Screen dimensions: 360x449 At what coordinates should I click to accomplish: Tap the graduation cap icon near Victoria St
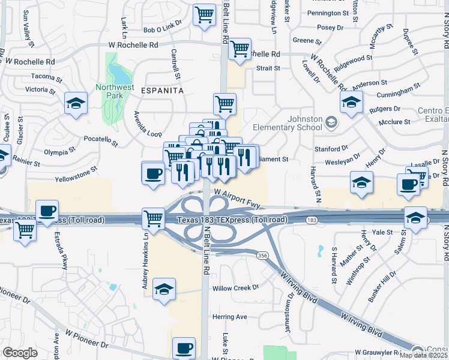click(x=77, y=103)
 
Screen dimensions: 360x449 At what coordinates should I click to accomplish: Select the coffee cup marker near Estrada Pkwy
click(x=47, y=212)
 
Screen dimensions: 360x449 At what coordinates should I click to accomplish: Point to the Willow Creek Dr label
click(x=235, y=287)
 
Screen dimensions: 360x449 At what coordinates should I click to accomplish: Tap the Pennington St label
click(x=328, y=13)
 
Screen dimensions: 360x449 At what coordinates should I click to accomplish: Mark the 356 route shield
click(x=277, y=254)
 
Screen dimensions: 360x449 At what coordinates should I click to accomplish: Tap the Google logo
click(x=20, y=353)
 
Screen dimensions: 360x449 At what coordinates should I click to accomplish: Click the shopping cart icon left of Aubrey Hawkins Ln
click(x=153, y=218)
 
